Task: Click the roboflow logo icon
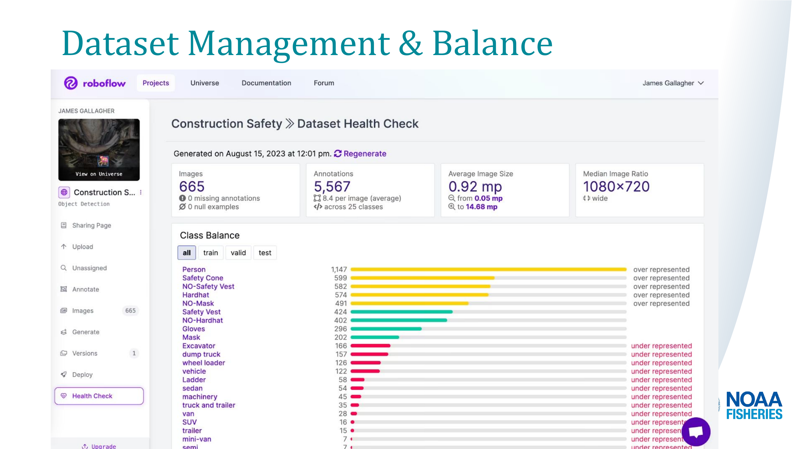tap(71, 83)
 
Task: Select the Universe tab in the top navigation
tap(204, 83)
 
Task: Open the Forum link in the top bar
tap(324, 83)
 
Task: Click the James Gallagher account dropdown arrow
tap(701, 83)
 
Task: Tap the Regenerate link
tap(365, 154)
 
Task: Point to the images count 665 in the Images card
tap(192, 186)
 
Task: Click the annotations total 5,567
tap(332, 186)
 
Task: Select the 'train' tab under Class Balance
tap(210, 253)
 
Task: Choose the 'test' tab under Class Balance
tap(265, 253)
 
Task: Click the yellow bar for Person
tap(488, 270)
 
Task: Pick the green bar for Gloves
tap(386, 329)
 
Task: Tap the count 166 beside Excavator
tap(341, 346)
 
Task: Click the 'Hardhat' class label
tap(195, 295)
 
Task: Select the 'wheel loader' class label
tap(203, 363)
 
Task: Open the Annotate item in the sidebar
tap(85, 289)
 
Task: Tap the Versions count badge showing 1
tap(134, 353)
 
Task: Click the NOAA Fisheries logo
tap(754, 405)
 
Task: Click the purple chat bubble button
tap(696, 432)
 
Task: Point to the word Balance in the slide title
tap(492, 43)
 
